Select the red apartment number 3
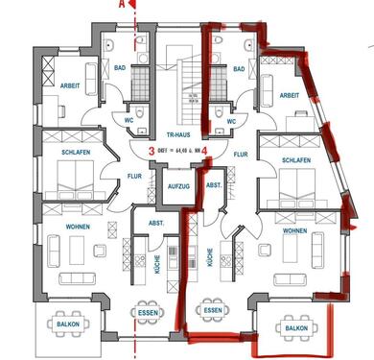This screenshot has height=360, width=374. pos(152,151)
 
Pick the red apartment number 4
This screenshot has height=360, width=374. pos(208,151)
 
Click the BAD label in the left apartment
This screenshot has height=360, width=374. pos(121,69)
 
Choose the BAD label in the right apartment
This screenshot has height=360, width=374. pos(238,69)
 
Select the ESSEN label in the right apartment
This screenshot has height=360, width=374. pos(213,311)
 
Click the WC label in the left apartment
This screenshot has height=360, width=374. pos(127,122)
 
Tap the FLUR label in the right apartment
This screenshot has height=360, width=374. pos(240,153)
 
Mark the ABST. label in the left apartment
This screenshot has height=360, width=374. pos(154,223)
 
